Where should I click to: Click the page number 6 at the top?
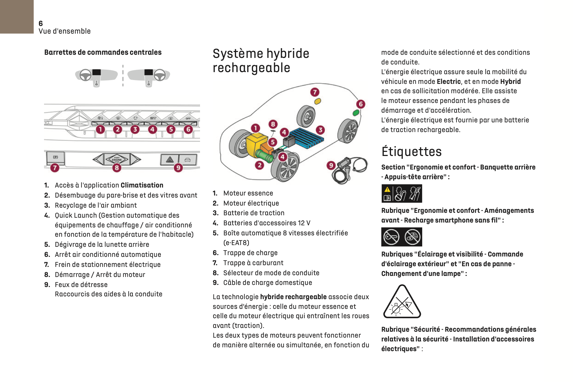(x=41, y=24)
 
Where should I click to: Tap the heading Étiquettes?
(x=411, y=152)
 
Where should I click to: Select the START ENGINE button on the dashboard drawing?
(x=117, y=159)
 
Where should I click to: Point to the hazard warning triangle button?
(x=170, y=159)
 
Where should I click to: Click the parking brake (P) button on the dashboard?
(x=55, y=157)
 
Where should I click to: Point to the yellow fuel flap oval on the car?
(x=317, y=101)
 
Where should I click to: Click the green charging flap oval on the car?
(x=356, y=113)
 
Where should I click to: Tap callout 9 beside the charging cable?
(x=331, y=165)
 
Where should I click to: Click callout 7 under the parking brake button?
(x=55, y=168)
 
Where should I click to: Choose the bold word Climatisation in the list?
(x=142, y=185)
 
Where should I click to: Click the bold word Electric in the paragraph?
(x=449, y=82)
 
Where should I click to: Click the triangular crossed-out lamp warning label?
(x=402, y=302)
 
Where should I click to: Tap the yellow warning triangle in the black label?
(x=387, y=190)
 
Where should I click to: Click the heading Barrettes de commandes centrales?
(x=103, y=52)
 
